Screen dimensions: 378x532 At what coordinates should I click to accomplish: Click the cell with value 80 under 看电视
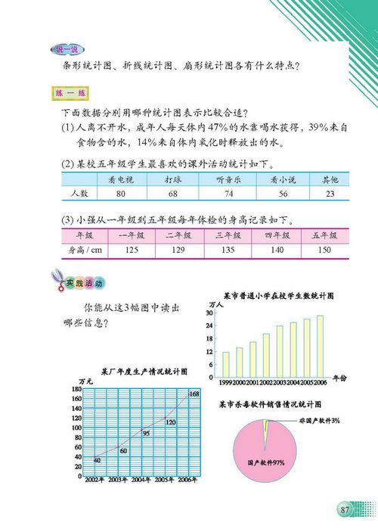[116, 194]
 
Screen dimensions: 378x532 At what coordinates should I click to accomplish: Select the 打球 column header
[174, 181]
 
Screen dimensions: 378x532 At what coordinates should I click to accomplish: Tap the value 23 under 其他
[329, 194]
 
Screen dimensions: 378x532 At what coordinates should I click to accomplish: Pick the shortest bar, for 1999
[225, 364]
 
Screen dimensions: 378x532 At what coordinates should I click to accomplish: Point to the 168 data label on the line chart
[194, 394]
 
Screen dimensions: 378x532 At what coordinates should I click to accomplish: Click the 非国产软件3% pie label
[318, 420]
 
